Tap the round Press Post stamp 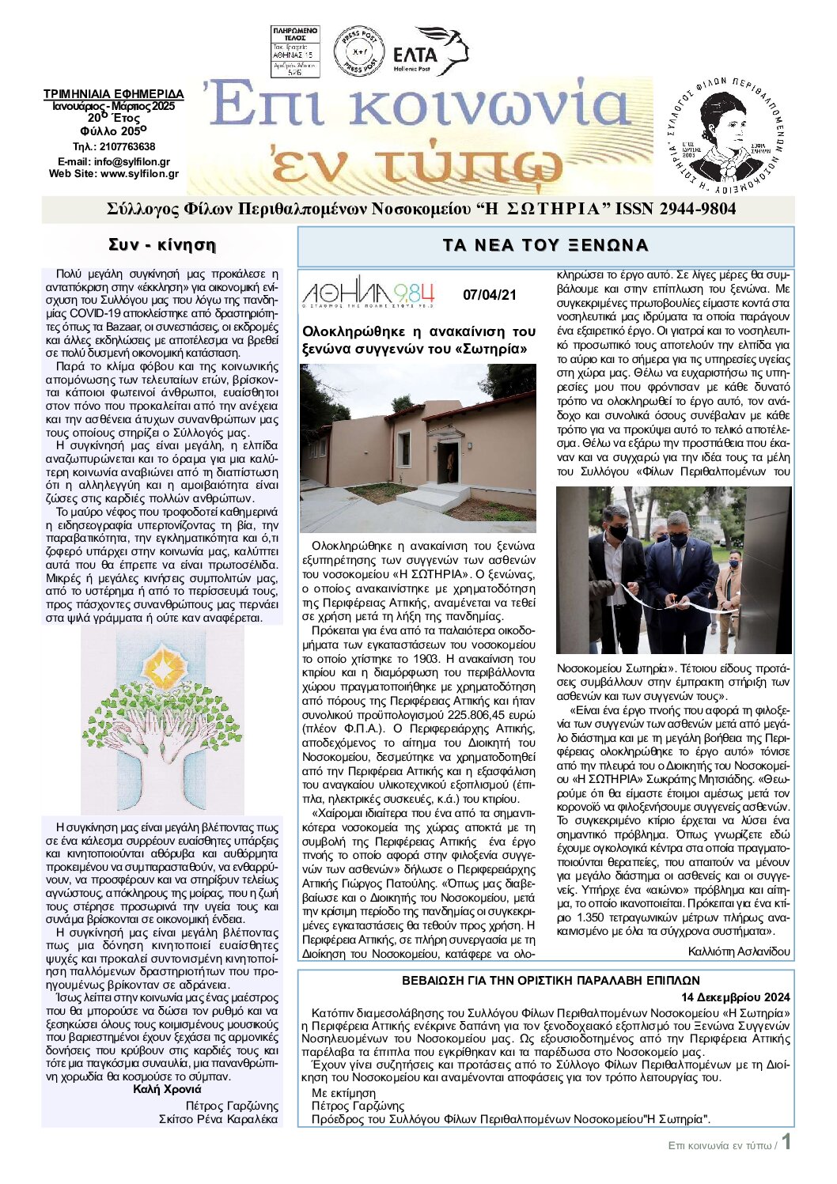pyautogui.click(x=359, y=51)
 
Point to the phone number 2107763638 pyautogui.click(x=125, y=146)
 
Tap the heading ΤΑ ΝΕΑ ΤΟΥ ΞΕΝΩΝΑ pyautogui.click(x=545, y=245)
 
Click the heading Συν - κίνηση pyautogui.click(x=161, y=244)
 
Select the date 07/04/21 pyautogui.click(x=489, y=295)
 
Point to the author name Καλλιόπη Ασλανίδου pyautogui.click(x=739, y=951)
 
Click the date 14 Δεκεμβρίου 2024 pyautogui.click(x=736, y=997)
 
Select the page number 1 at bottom pyautogui.click(x=786, y=1143)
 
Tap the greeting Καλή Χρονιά pyautogui.click(x=167, y=1089)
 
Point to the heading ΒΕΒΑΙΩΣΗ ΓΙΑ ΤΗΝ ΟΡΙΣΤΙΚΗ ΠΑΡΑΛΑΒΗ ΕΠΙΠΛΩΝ pyautogui.click(x=545, y=981)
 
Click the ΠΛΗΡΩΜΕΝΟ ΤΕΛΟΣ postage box pyautogui.click(x=295, y=51)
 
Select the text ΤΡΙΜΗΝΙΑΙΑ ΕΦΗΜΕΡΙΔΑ pyautogui.click(x=113, y=94)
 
